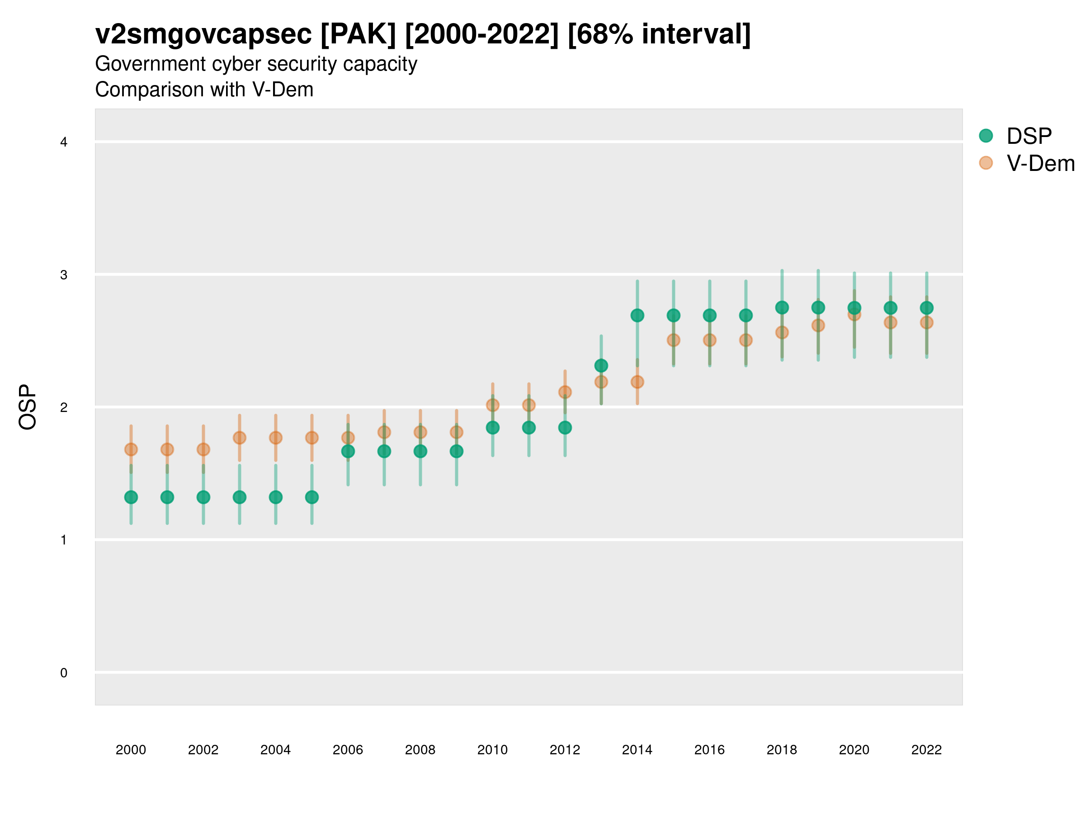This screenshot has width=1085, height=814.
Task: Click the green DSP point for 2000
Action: (x=131, y=497)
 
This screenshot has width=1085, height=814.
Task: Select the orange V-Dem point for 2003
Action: (x=239, y=437)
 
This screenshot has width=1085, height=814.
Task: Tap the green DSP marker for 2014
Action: (x=637, y=315)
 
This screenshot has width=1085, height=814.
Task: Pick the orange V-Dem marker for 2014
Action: (x=637, y=381)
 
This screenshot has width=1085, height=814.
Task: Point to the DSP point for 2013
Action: (x=601, y=365)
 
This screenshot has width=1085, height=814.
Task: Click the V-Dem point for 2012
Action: (x=565, y=392)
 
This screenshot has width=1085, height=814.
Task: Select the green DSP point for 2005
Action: (x=312, y=497)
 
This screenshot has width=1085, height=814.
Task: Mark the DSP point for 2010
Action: (x=492, y=427)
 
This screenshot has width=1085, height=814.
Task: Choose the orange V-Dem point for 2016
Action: (x=710, y=340)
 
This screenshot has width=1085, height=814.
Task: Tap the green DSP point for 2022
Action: (x=927, y=308)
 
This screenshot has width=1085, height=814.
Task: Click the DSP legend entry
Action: (x=1028, y=136)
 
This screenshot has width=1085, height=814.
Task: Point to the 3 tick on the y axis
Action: (x=64, y=275)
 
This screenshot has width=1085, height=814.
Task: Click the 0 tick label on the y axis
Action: (x=64, y=673)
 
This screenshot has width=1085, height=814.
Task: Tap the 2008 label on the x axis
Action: (x=420, y=750)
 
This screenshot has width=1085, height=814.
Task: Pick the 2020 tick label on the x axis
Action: (x=854, y=750)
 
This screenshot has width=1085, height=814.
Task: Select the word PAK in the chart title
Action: (x=358, y=34)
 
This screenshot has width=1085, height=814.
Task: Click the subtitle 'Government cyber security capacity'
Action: (x=256, y=64)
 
